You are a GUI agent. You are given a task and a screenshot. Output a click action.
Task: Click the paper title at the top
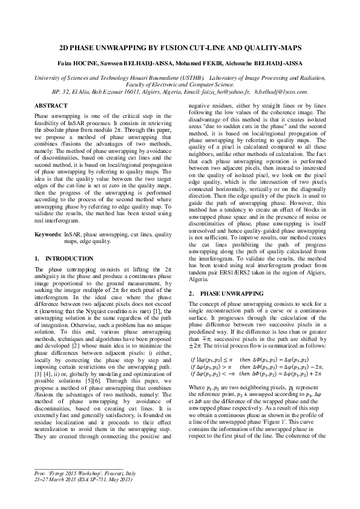point(180,46)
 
